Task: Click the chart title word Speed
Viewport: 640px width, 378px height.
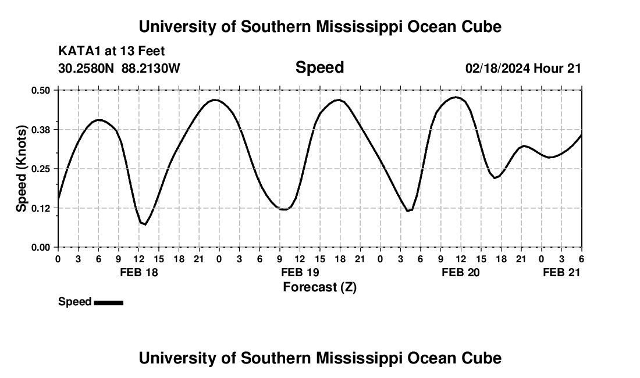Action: point(319,67)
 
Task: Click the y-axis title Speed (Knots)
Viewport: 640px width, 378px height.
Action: point(22,169)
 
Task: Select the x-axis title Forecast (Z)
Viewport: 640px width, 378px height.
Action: point(319,287)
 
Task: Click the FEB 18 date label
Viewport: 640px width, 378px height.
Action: point(139,272)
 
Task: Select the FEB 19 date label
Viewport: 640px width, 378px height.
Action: point(300,272)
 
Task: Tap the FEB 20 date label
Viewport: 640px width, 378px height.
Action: point(461,272)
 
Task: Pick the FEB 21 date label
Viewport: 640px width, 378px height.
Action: point(561,272)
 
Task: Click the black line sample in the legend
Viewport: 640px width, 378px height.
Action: point(108,302)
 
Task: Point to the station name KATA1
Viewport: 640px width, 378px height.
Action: point(77,52)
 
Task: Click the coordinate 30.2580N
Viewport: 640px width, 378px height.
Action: point(87,68)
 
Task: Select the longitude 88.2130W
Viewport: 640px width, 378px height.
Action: point(151,68)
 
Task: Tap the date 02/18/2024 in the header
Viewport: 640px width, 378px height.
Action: point(497,68)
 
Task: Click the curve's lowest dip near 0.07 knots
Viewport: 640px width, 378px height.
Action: point(144,224)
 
